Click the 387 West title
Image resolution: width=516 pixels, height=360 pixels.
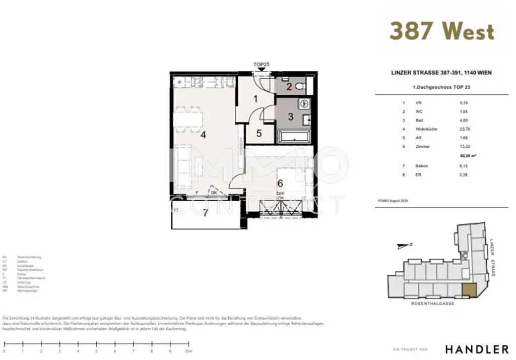click(441, 31)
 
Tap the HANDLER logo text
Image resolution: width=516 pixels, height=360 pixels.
click(476, 349)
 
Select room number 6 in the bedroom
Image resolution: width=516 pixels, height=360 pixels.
click(280, 184)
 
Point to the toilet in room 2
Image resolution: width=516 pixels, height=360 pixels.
click(300, 86)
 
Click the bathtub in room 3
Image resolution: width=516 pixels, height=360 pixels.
click(294, 136)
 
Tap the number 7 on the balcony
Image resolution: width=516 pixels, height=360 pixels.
click(205, 213)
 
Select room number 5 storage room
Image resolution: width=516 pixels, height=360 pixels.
click(259, 134)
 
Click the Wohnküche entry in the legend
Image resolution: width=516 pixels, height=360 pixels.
click(426, 129)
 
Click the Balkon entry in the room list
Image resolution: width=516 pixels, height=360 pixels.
click(422, 166)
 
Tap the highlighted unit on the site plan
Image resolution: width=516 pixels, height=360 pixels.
click(469, 290)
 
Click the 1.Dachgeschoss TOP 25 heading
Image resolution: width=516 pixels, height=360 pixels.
click(441, 87)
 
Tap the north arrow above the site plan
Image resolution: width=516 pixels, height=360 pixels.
click(404, 246)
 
